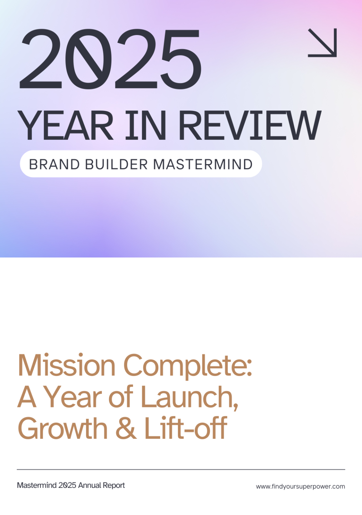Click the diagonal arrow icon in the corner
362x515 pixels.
(x=322, y=43)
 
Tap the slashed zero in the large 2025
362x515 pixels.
(x=88, y=59)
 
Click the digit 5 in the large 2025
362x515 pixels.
(x=181, y=59)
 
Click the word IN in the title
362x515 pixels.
(x=145, y=125)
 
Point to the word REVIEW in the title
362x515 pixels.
(x=250, y=125)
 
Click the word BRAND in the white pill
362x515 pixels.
(x=54, y=165)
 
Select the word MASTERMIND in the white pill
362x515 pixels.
(x=203, y=165)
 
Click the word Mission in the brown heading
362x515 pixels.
(x=66, y=366)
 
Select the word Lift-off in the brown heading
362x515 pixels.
(x=186, y=427)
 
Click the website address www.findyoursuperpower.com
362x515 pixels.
(x=301, y=487)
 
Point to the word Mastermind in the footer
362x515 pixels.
(x=37, y=485)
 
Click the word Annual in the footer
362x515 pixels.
(x=90, y=485)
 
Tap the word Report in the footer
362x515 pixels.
(x=114, y=486)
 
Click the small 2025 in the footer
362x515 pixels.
(x=67, y=485)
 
